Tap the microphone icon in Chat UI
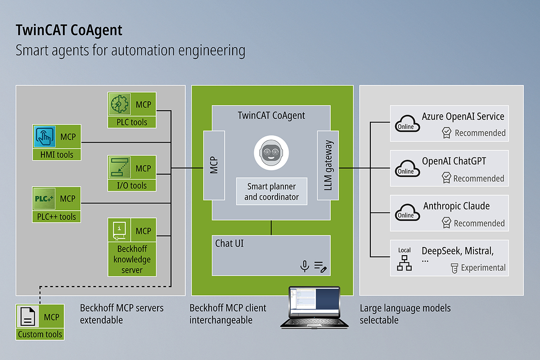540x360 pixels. tap(305, 266)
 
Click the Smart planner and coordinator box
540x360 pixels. tap(271, 191)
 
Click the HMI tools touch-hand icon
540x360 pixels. tap(45, 137)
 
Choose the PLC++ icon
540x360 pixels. tap(45, 199)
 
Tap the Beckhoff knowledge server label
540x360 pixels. tap(132, 259)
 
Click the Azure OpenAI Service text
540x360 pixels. tap(463, 117)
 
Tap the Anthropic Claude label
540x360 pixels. tap(456, 206)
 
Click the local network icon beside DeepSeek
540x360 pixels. tap(404, 263)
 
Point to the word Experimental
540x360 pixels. tap(483, 268)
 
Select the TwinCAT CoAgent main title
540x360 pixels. tap(69, 30)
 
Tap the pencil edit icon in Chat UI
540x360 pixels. tap(320, 267)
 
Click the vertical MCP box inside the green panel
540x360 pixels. tap(214, 165)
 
